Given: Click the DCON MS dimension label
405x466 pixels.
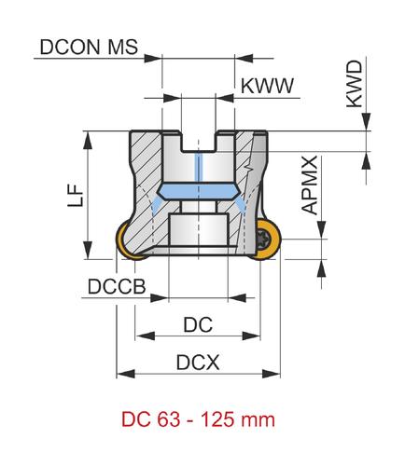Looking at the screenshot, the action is (89, 48).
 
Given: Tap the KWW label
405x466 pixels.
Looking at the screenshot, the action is (267, 86).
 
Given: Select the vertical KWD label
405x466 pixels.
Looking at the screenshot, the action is (355, 84).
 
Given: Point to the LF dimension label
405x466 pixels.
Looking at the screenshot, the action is (76, 196).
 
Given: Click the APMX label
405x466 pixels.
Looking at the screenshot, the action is (310, 185).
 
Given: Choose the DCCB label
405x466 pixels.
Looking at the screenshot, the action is (117, 286).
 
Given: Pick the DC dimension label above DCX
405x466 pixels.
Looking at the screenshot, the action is (198, 324).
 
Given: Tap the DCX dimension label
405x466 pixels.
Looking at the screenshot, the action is (198, 363).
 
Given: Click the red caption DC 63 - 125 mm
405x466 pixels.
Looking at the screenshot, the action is (198, 419).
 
